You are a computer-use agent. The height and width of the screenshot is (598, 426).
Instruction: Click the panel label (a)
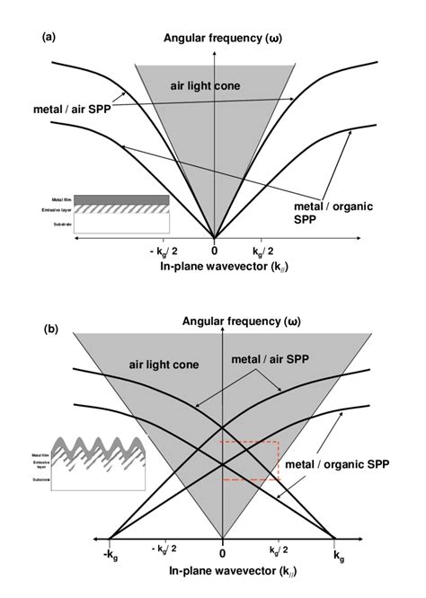(49, 37)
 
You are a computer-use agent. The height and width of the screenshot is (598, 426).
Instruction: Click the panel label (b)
(50, 329)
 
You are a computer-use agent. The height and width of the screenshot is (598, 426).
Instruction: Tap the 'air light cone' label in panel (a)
(202, 85)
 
